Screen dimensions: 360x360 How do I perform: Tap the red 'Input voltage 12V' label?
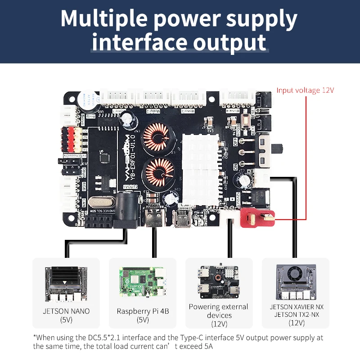point(305,90)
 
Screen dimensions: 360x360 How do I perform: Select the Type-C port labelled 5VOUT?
point(153,217)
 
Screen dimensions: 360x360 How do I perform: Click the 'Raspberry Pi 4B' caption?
point(143,311)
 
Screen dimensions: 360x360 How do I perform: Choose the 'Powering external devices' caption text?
point(219,311)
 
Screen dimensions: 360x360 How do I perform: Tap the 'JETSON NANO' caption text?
point(66,311)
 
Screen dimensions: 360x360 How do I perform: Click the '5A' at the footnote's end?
point(207,346)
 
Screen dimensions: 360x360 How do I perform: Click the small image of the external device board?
point(219,283)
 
